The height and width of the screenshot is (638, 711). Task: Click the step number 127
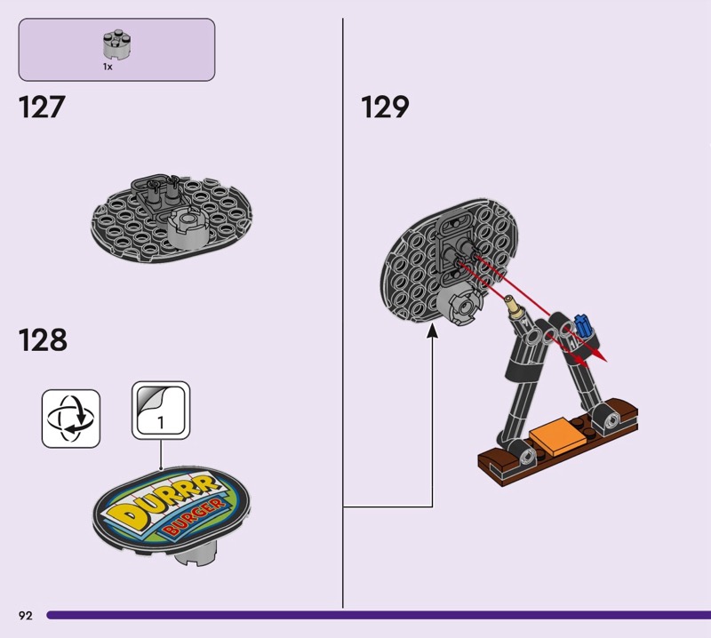pyautogui.click(x=42, y=108)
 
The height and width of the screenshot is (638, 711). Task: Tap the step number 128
pyautogui.click(x=43, y=340)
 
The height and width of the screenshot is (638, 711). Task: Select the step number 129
pyautogui.click(x=385, y=108)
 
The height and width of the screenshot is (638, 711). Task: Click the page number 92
pyautogui.click(x=25, y=615)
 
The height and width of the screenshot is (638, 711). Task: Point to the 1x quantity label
pyautogui.click(x=108, y=67)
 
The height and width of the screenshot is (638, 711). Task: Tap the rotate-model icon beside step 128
pyautogui.click(x=71, y=418)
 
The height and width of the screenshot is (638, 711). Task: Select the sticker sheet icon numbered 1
pyautogui.click(x=161, y=411)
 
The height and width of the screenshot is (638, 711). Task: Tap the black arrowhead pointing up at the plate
pyautogui.click(x=433, y=334)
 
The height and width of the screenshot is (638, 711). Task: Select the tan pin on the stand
pyautogui.click(x=513, y=307)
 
